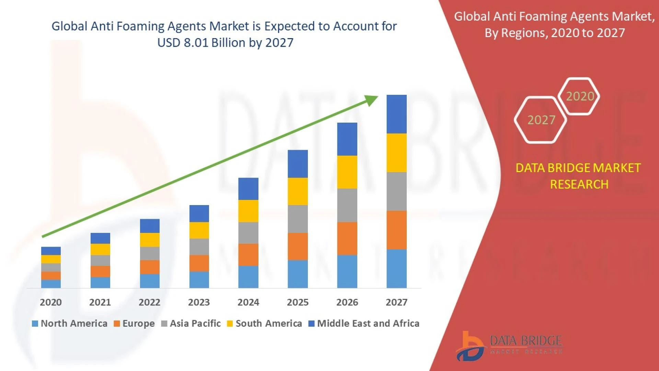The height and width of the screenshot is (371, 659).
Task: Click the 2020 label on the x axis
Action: coord(51,302)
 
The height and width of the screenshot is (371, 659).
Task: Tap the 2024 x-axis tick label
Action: coord(248,302)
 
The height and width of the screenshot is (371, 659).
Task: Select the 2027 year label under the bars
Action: coord(396,302)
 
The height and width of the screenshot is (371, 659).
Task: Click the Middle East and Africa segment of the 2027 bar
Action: coord(396,114)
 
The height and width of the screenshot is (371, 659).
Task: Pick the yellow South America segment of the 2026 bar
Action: coord(347,172)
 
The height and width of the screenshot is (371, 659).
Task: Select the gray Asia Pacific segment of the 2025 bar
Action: coord(298,219)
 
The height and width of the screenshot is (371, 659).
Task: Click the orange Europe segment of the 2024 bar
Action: coord(248,255)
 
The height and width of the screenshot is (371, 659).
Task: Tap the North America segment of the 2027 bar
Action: coord(396,269)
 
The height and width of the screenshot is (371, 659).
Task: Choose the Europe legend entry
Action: coord(134,324)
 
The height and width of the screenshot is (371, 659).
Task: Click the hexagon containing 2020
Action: coord(579,96)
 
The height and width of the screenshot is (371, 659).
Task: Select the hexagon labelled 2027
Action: coord(541,120)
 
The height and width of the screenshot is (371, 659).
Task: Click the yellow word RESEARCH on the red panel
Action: coord(579,184)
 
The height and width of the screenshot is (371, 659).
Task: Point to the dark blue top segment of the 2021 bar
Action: coord(100,238)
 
